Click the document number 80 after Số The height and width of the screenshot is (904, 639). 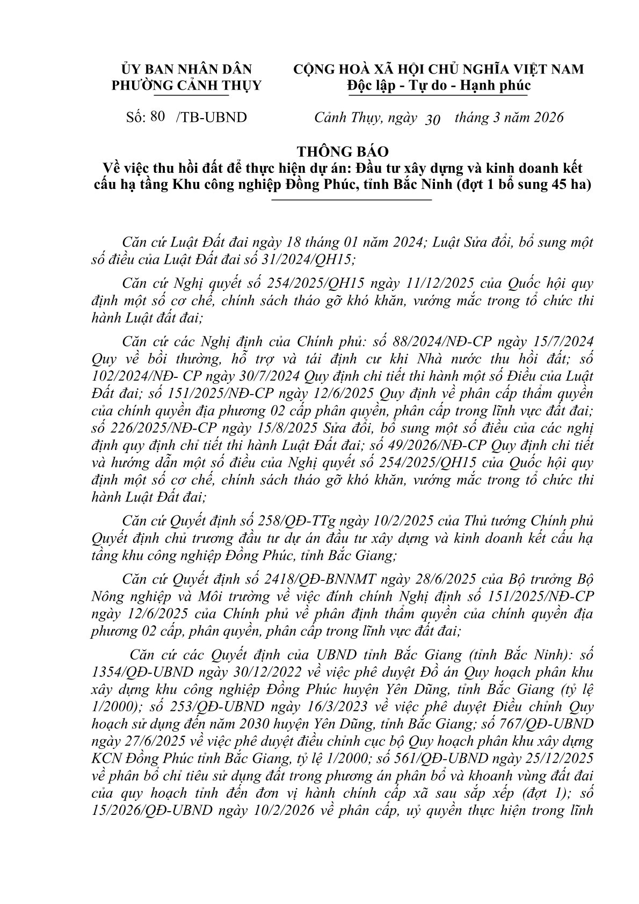point(158,116)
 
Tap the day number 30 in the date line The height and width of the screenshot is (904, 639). point(432,120)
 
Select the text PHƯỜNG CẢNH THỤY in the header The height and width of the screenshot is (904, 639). point(186,85)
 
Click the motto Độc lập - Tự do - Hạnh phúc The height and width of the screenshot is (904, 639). point(438,85)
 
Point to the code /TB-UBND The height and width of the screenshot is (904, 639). point(212,117)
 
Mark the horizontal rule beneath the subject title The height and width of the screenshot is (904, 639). point(352,200)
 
